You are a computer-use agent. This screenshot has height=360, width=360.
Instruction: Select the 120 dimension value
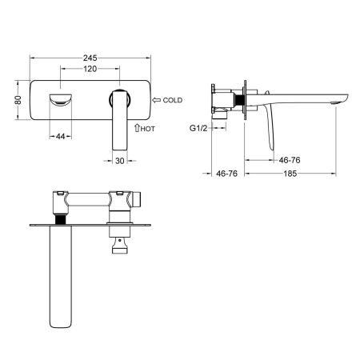coord(90,69)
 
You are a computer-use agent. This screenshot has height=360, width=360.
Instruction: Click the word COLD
coord(174,101)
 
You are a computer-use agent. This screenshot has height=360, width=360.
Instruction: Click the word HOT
coord(147,127)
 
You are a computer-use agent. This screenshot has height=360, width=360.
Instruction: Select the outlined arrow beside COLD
coord(155,101)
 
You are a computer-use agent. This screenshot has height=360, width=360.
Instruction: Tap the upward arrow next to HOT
coord(136,126)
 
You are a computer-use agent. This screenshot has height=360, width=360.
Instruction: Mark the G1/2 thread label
coord(200,127)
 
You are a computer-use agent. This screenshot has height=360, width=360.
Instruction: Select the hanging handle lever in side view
coord(268,129)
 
